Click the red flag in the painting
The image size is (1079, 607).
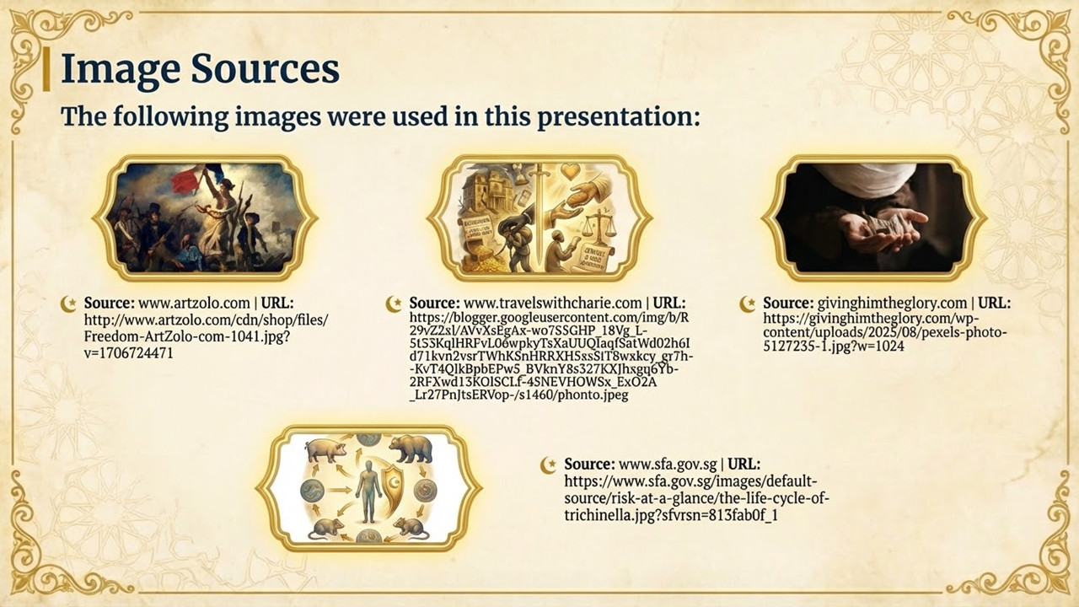point(186,180)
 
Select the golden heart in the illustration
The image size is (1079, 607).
point(571,171)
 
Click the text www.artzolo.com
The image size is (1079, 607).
point(194,303)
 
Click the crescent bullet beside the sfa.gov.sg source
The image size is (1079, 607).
point(549,465)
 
